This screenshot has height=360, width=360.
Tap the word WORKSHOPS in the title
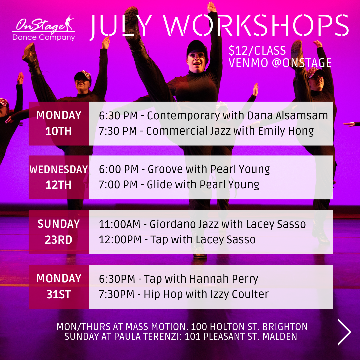(x=256, y=25)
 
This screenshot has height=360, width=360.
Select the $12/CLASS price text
(x=257, y=51)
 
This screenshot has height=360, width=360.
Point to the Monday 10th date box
(x=59, y=123)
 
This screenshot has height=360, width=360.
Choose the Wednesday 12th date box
(x=59, y=177)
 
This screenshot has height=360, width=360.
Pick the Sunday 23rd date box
(x=59, y=232)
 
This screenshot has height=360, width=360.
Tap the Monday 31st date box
(x=59, y=287)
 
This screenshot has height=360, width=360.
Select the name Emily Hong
(x=286, y=131)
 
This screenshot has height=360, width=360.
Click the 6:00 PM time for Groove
(x=119, y=169)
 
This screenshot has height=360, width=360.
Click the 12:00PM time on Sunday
(x=120, y=240)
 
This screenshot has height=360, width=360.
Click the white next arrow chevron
(x=344, y=332)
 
